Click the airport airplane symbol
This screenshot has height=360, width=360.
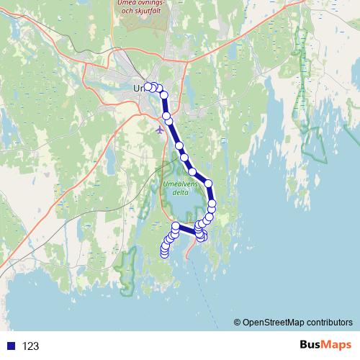[159, 130]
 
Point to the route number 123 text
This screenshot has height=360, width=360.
[30, 346]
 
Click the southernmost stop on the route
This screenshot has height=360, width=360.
[164, 253]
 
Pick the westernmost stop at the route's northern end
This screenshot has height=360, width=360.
[149, 87]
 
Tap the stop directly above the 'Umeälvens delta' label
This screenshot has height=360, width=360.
[192, 171]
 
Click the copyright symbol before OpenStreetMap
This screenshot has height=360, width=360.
[238, 322]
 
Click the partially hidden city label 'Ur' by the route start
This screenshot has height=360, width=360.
[138, 88]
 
